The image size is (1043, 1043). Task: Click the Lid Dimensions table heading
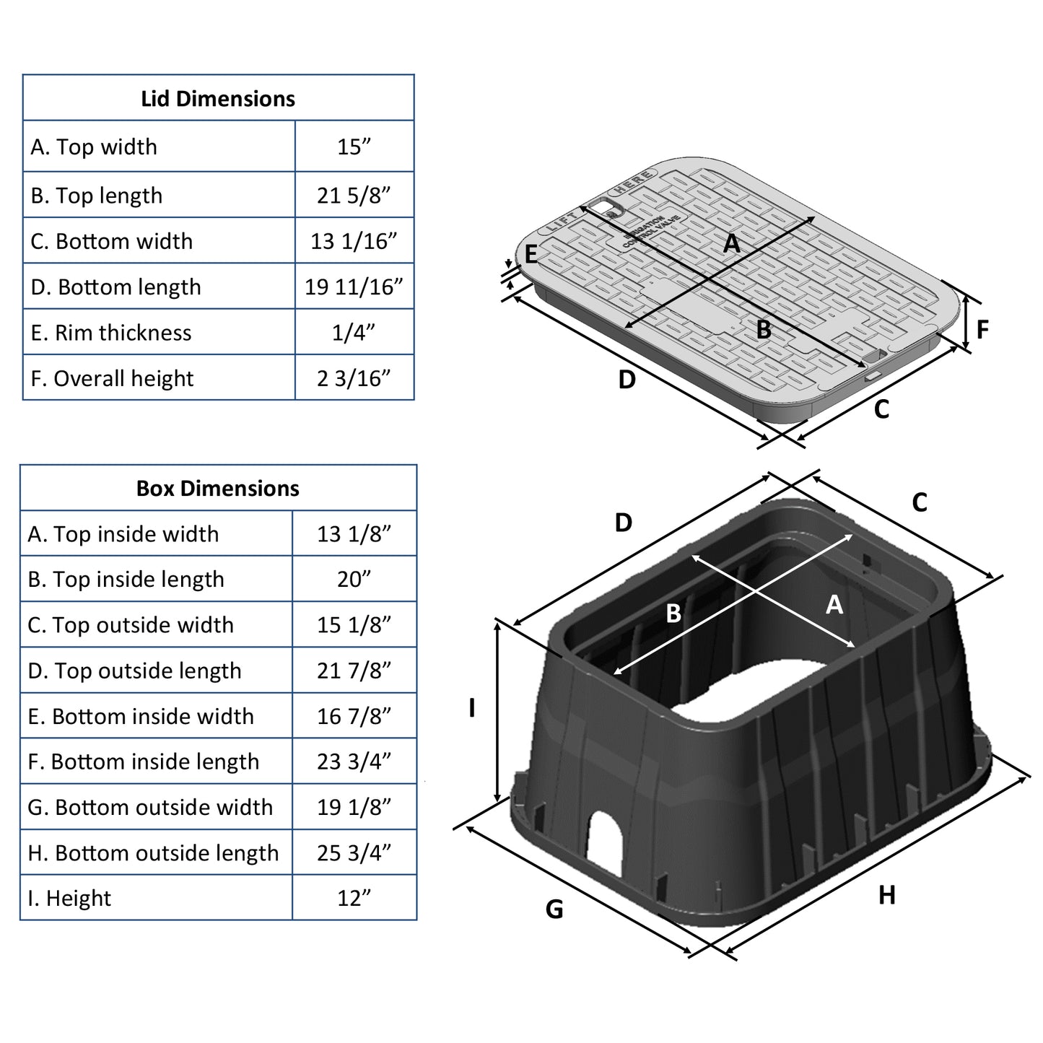[218, 99]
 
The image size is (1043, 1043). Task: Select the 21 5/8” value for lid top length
[354, 196]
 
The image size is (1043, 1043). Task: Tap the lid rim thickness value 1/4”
[354, 333]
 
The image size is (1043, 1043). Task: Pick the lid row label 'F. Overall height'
[113, 378]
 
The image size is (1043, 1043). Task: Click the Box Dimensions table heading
[218, 489]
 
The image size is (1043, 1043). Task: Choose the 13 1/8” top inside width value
[354, 534]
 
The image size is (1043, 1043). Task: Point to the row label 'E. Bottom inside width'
[141, 717]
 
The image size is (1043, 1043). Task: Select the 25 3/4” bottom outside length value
[354, 853]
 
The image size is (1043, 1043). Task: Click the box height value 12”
[354, 899]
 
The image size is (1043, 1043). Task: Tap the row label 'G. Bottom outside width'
[150, 808]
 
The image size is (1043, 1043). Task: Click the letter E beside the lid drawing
[531, 255]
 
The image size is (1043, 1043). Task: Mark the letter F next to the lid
[982, 330]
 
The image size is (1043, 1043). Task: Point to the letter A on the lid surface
[732, 244]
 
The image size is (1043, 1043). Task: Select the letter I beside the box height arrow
[472, 708]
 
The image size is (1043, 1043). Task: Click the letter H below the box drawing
[887, 896]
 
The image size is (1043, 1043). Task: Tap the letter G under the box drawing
[554, 909]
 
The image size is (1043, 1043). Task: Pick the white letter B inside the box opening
[673, 614]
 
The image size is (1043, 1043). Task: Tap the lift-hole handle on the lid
[603, 209]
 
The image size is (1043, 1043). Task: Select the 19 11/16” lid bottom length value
[354, 287]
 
